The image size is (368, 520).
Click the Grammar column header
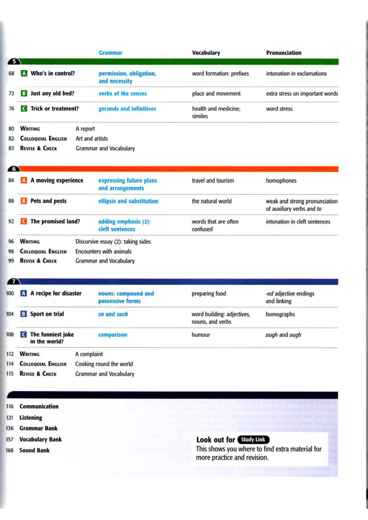coord(110,53)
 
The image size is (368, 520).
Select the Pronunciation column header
coord(284,53)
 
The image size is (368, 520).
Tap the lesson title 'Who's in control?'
coord(53,74)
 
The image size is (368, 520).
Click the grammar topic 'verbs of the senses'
coord(122,94)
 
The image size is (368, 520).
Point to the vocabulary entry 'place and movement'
coord(216,94)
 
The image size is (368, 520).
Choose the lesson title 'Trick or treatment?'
coord(54,109)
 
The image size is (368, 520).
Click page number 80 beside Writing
coord(11,129)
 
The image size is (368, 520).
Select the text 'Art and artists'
coord(92,139)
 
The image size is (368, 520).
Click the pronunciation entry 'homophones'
coord(281,181)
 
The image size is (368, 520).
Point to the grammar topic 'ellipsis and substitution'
coord(128,201)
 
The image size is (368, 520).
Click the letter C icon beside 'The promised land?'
coord(23,222)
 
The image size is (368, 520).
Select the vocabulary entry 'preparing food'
coord(209,294)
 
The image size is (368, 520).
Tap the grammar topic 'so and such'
coord(113,315)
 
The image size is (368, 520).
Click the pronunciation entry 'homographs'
coord(280,315)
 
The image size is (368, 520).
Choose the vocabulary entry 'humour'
coord(201,335)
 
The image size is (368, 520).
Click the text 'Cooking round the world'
coord(104,364)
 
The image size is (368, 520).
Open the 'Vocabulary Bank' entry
coord(41,440)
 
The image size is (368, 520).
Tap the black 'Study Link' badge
coord(253,440)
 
